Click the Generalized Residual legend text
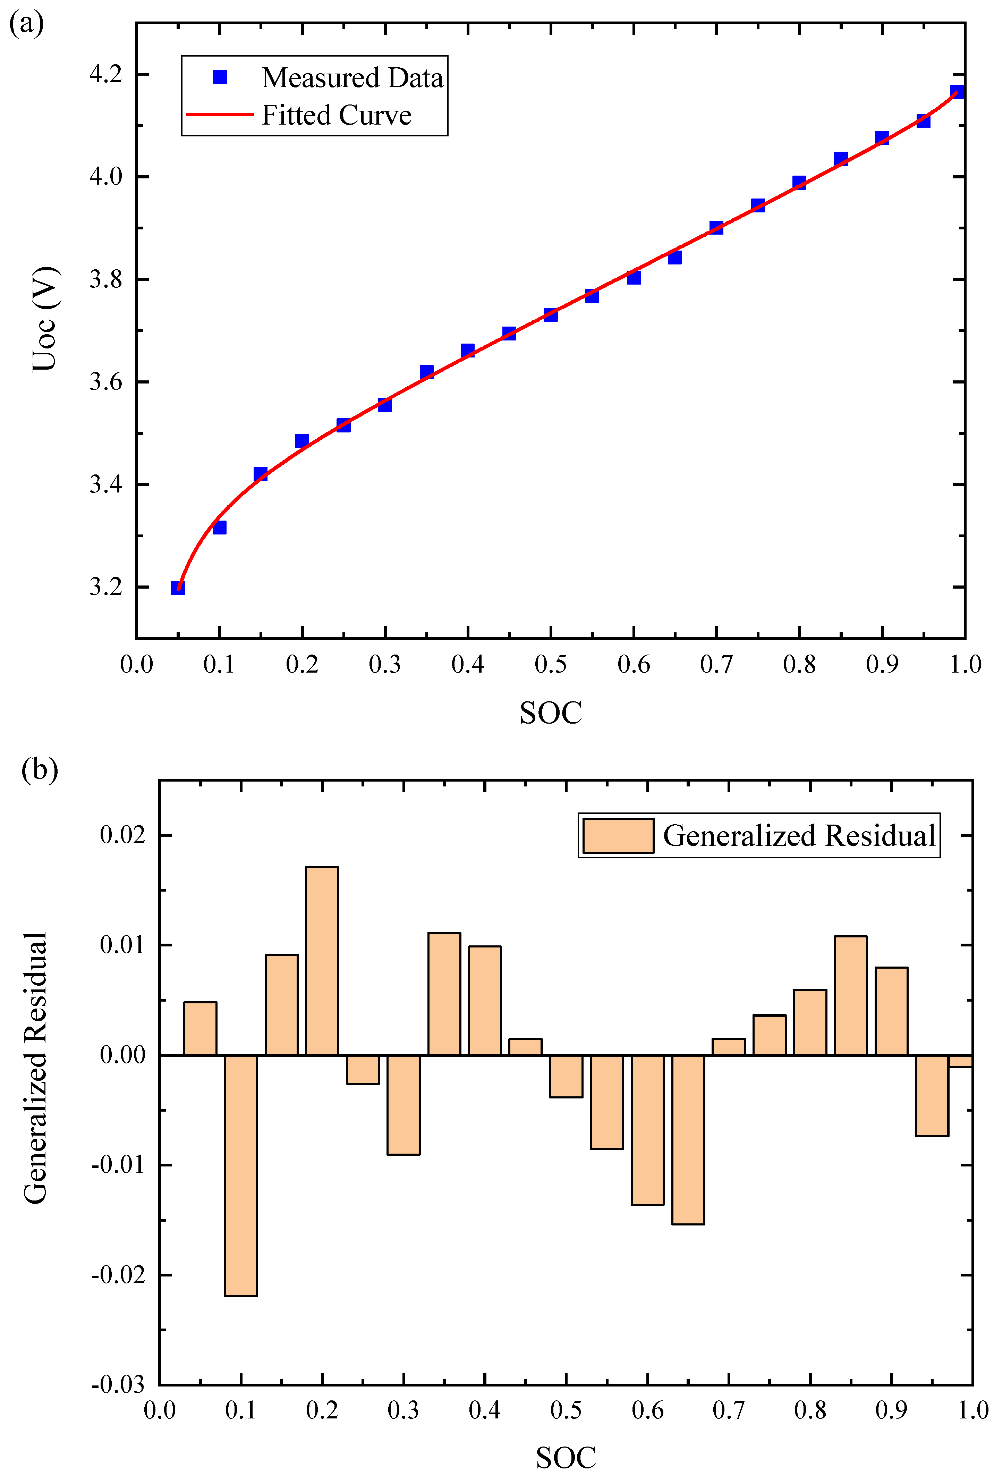(x=799, y=836)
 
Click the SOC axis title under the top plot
(x=550, y=713)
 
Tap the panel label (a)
(x=27, y=24)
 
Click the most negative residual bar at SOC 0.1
(x=241, y=1175)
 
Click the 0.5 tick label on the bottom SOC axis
(x=566, y=1410)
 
